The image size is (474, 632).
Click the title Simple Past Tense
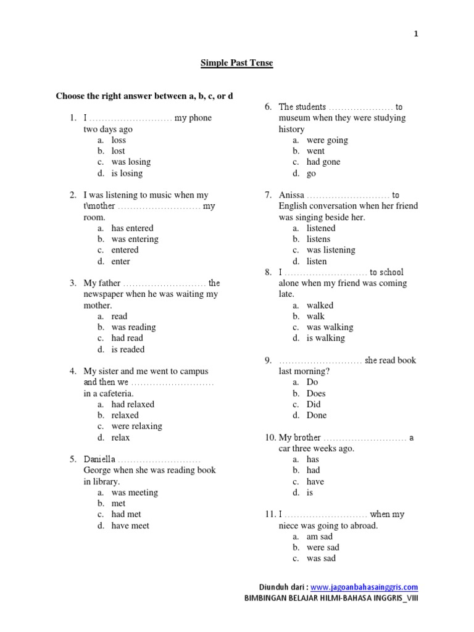(237, 63)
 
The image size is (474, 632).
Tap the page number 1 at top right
(416, 35)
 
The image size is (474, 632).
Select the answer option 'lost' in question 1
(118, 151)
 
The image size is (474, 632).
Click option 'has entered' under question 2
(132, 228)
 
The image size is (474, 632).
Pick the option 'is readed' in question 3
(128, 349)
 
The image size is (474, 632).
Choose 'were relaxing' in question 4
(136, 426)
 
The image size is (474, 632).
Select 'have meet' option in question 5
(130, 526)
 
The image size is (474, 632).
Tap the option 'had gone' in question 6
(323, 162)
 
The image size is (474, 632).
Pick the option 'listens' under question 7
(318, 239)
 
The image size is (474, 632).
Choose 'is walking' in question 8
(326, 338)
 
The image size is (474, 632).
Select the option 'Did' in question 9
(314, 405)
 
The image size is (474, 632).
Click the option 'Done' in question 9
(317, 415)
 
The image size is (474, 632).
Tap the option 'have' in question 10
(315, 482)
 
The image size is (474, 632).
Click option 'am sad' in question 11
(319, 537)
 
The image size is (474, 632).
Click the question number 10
(270, 438)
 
